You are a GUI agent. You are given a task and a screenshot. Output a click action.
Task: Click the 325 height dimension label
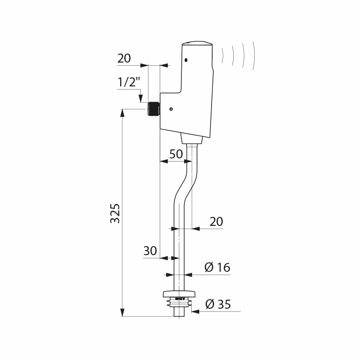click(115, 213)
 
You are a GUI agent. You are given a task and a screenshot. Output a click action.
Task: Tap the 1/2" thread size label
click(129, 82)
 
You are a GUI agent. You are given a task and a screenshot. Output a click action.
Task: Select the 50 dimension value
click(176, 154)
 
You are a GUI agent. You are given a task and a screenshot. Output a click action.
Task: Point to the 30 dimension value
click(150, 251)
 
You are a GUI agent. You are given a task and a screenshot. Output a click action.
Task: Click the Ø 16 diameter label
click(217, 267)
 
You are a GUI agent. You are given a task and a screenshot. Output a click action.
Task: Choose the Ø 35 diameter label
click(218, 304)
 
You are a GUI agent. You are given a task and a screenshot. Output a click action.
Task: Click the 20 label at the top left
click(124, 58)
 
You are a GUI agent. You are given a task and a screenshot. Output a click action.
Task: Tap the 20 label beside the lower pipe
click(216, 222)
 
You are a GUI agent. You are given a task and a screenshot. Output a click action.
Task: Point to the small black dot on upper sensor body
click(186, 60)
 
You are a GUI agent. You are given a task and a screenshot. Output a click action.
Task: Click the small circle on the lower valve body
click(171, 109)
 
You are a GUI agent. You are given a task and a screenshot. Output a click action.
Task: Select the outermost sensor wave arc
click(253, 55)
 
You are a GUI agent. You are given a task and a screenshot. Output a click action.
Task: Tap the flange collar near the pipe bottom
click(179, 294)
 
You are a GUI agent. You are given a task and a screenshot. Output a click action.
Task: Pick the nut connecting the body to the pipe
click(192, 139)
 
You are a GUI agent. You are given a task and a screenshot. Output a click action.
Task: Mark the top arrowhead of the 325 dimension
click(122, 113)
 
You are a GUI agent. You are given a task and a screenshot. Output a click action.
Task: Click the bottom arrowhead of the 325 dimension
click(122, 313)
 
